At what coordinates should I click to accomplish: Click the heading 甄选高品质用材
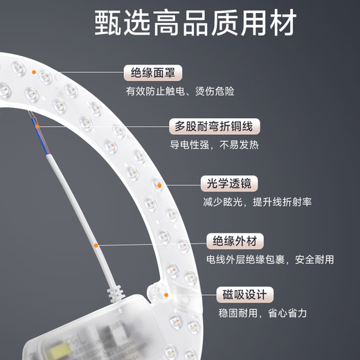coord(181,22)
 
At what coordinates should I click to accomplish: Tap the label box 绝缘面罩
coord(154,72)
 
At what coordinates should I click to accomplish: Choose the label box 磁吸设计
coord(243,295)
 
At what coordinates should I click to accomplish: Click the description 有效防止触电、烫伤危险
coord(180,91)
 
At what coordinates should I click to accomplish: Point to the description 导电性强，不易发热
coord(215,145)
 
